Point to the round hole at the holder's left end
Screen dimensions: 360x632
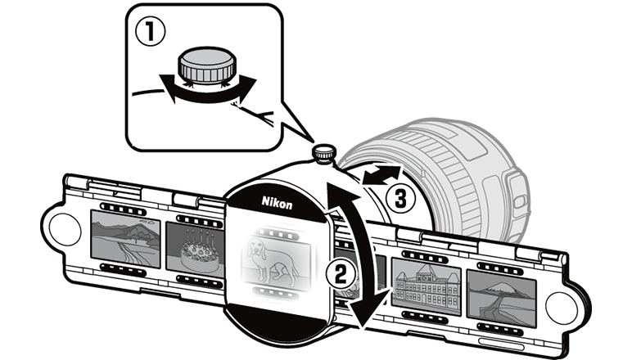click(66, 232)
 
